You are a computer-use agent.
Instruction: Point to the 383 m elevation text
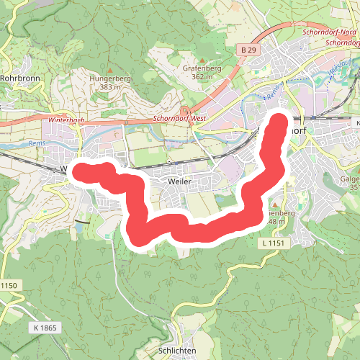pyautogui.click(x=109, y=86)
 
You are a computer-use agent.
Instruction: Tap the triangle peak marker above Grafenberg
pyautogui.click(x=202, y=60)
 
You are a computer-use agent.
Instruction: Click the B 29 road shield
pyautogui.click(x=249, y=50)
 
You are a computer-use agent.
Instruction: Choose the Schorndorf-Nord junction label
pyautogui.click(x=329, y=34)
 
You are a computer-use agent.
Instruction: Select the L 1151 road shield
pyautogui.click(x=274, y=245)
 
